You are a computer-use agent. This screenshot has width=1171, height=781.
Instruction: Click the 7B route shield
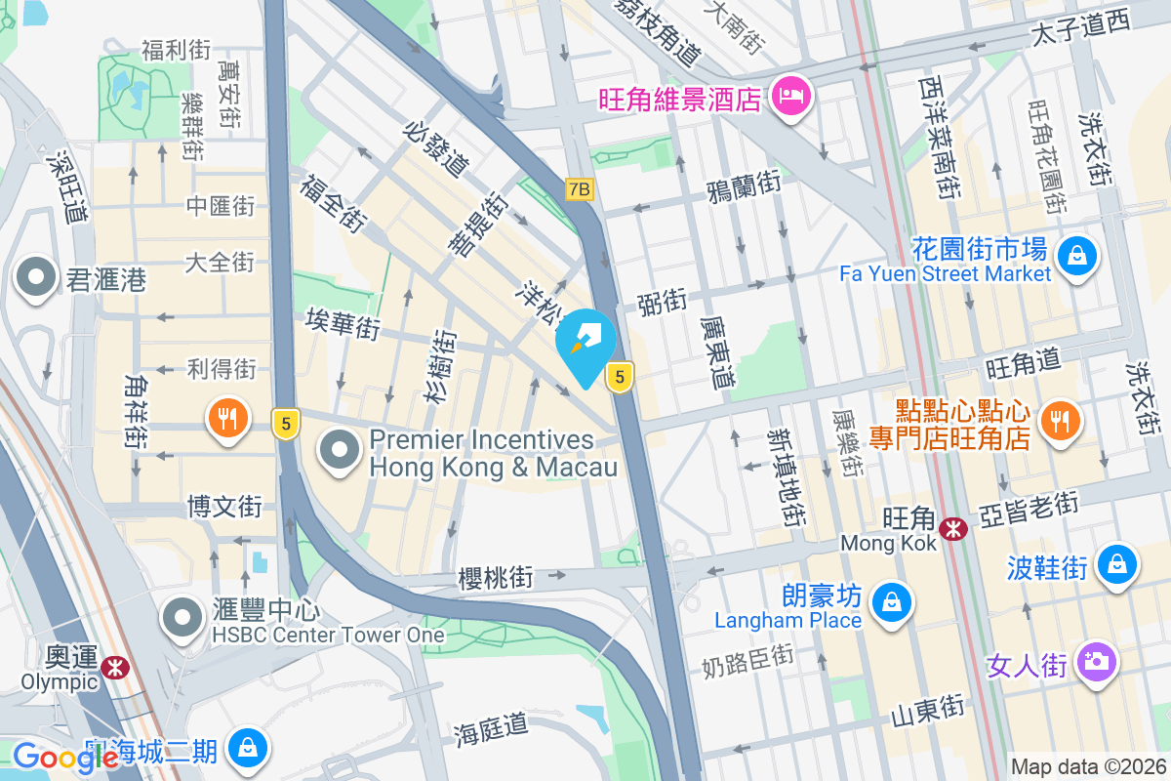(579, 189)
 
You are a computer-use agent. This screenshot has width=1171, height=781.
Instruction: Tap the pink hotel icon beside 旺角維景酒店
(788, 96)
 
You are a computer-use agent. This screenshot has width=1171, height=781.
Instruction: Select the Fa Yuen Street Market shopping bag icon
(1076, 258)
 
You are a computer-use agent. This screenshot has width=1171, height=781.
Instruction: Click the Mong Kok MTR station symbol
(952, 529)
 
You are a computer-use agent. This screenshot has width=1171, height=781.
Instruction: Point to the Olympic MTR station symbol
(114, 667)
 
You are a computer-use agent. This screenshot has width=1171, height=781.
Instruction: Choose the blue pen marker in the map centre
(585, 342)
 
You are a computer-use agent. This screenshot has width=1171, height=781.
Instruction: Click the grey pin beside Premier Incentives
(340, 450)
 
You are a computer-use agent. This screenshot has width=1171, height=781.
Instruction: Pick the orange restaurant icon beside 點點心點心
(1058, 420)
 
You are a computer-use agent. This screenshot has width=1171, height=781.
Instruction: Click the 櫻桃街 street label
(496, 578)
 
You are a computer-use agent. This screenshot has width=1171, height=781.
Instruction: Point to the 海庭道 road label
(492, 728)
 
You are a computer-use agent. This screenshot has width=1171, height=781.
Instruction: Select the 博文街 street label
(224, 507)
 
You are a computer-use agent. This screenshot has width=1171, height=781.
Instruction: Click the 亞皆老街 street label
(1030, 505)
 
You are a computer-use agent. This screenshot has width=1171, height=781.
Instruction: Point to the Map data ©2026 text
(1087, 766)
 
